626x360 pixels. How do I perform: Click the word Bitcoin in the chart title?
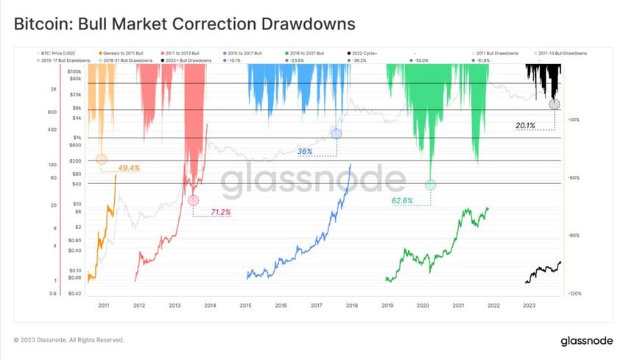[45, 24]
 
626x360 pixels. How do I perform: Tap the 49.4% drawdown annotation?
[129, 169]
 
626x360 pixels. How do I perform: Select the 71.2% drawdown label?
[221, 212]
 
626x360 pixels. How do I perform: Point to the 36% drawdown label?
[305, 151]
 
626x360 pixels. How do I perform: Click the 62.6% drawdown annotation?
[402, 200]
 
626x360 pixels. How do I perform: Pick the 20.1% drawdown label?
[525, 126]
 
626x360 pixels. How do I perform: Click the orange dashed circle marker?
[102, 159]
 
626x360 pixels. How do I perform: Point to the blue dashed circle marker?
[337, 133]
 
